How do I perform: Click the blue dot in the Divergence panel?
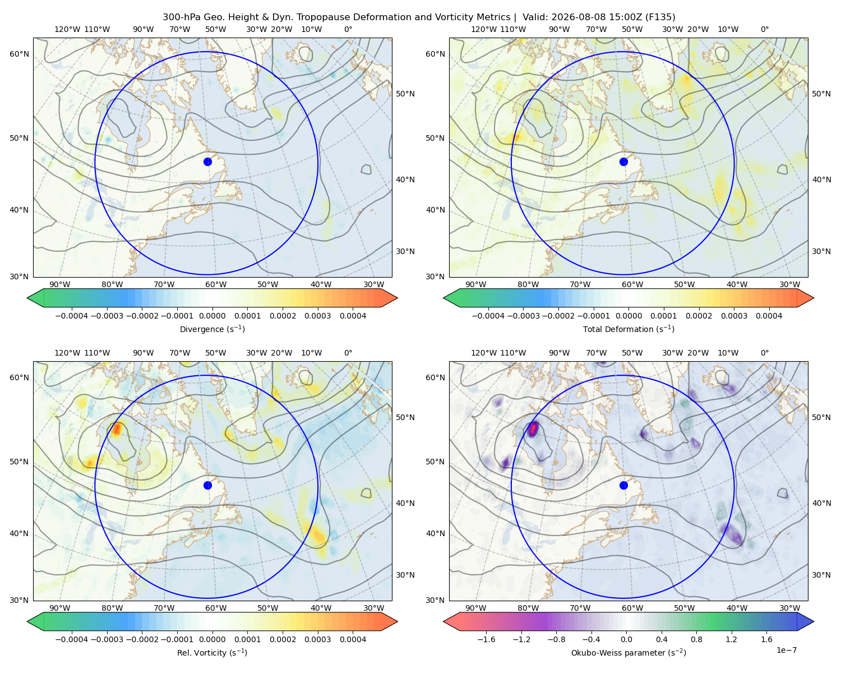pos(207,162)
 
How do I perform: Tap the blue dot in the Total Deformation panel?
pos(623,162)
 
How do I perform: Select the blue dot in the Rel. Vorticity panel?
pos(207,485)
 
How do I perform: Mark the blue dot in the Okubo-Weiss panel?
pos(623,485)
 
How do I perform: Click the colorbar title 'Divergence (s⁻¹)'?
pos(212,329)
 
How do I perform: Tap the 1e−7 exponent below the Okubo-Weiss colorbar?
pos(786,650)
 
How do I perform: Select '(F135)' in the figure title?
pos(660,17)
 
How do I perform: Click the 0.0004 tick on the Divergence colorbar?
pos(353,316)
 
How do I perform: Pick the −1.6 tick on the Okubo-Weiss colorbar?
pos(486,639)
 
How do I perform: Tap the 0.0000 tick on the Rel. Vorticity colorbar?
pos(212,639)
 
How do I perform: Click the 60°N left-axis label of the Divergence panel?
pos(19,54)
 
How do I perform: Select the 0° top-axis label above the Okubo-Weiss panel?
pos(764,353)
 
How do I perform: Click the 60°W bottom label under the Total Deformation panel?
pos(632,284)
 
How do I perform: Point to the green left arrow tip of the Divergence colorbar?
pos(27,298)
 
